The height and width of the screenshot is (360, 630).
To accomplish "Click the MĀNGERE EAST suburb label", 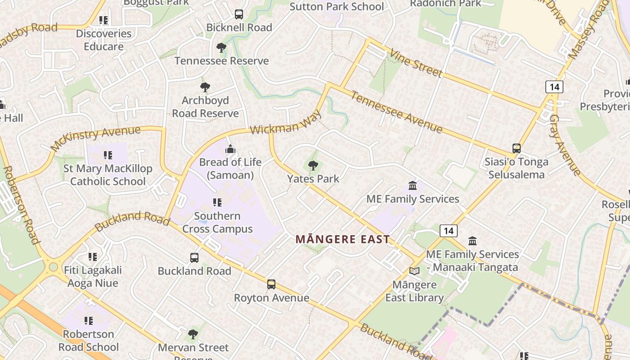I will [x=342, y=239].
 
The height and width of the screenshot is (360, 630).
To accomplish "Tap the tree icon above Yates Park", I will [x=313, y=166].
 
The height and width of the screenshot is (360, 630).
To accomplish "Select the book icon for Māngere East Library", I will [x=414, y=271].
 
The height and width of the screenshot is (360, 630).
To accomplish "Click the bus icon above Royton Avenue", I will [x=271, y=284].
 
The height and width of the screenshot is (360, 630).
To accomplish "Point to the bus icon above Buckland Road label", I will [x=194, y=258].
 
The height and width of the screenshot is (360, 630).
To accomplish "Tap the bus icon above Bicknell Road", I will [x=239, y=14].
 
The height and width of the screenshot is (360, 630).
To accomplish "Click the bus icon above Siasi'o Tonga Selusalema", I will [x=517, y=148].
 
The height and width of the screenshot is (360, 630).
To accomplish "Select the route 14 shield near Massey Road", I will [x=554, y=86].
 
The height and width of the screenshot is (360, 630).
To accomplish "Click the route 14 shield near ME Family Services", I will [x=448, y=231].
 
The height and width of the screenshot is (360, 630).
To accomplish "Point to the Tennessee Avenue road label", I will [x=396, y=112].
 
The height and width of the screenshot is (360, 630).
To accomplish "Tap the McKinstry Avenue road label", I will [x=95, y=138].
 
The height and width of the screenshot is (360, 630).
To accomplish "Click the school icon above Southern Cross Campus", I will [x=217, y=202].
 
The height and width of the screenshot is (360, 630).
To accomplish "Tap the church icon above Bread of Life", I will [x=230, y=149].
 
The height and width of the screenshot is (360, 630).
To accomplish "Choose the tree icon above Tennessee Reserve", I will [x=221, y=47].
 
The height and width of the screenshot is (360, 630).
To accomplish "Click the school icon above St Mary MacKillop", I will [x=108, y=155].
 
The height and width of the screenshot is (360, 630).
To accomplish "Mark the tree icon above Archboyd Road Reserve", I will [x=205, y=87].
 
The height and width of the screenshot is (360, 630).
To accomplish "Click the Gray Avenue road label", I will [x=565, y=145].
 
